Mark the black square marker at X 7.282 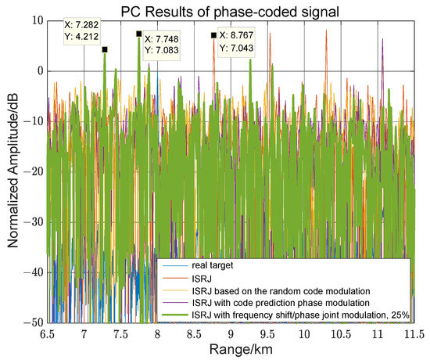click(x=105, y=49)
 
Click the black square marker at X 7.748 click(x=138, y=34)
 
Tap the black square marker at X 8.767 click(x=213, y=35)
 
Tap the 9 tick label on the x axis click(x=232, y=333)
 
